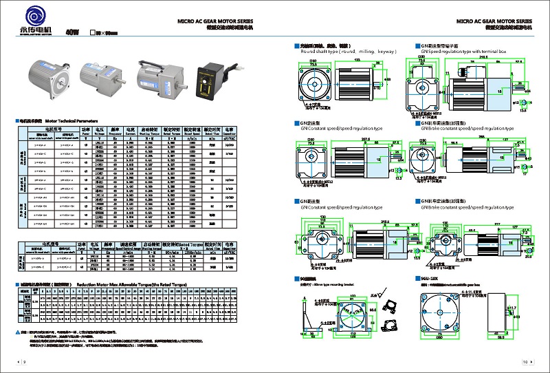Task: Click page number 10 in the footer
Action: [x=525, y=361]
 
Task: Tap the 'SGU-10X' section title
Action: [x=429, y=277]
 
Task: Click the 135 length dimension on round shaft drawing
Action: [x=356, y=60]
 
